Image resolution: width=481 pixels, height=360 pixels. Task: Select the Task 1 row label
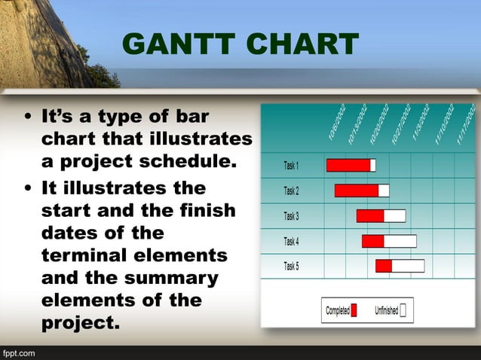pos(291,166)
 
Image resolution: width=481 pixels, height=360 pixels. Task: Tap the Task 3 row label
pos(291,216)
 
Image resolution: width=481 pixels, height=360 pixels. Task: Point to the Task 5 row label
pos(291,266)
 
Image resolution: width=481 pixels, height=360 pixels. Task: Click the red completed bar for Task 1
pos(348,166)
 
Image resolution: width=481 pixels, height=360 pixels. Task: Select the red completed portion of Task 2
pos(357,191)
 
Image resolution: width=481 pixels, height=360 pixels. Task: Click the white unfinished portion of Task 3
pos(394,216)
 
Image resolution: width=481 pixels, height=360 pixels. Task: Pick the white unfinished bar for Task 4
pos(400,241)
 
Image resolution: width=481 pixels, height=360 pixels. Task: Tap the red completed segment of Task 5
pos(384,266)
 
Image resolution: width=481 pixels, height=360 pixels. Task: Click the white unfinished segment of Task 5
pos(408,266)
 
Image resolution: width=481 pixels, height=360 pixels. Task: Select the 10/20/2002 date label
pos(379,124)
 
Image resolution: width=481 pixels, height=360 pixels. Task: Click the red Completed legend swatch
pos(354,310)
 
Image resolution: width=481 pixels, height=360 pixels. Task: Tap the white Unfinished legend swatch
pos(403,310)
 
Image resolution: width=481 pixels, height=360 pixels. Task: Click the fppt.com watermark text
pos(18,352)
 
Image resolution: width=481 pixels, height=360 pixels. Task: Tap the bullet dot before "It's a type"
pos(28,117)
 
